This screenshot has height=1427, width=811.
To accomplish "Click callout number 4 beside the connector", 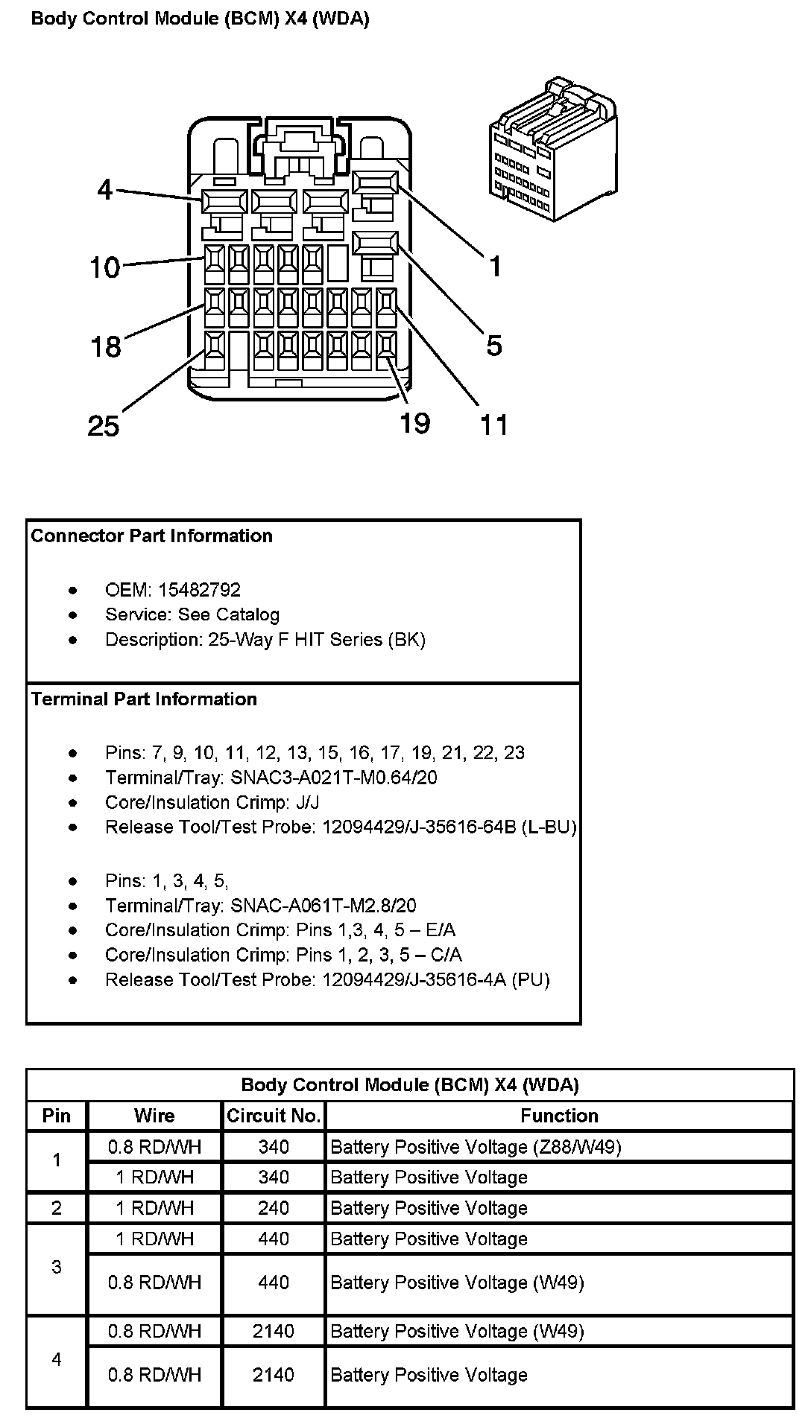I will coord(104,190).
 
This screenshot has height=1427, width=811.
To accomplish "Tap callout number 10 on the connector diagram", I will coord(104,266).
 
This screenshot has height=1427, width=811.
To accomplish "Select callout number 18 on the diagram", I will coord(105,346).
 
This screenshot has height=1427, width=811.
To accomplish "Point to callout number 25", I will coord(103,426).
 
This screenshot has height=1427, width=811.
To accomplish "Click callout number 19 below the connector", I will coord(414,423).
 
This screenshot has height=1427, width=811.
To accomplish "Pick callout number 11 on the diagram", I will coord(493,425).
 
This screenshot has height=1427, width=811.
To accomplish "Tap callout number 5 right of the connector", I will coord(494,346).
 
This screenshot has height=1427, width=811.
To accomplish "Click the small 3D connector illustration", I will coord(553,148).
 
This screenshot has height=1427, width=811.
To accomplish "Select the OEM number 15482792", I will coord(199,590).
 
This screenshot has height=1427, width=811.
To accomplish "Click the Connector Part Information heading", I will coord(152,536).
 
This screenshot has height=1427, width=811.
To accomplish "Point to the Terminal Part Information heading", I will coord(144,699).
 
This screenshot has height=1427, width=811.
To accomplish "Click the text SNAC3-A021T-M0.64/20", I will coord(334,778).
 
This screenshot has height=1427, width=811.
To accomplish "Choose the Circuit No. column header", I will coord(274,1116).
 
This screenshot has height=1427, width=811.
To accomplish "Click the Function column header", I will coord(559,1116).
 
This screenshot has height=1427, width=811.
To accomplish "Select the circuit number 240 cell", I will coord(274,1208).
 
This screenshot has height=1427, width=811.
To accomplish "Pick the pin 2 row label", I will coord(57,1208).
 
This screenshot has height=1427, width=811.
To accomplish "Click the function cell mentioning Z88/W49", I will coord(476,1147).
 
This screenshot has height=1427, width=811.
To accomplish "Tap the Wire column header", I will coord(154,1116).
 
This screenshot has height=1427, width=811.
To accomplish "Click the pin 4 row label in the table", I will coord(57,1359).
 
